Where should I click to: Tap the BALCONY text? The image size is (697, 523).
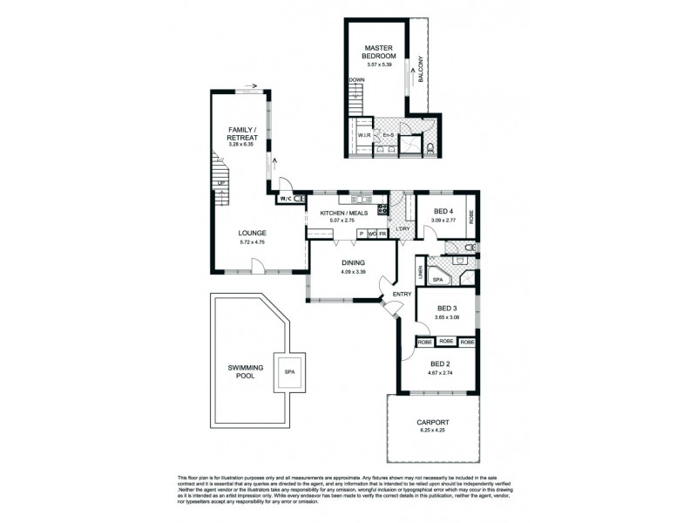point(420,69)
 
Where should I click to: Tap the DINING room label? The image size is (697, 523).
point(353,262)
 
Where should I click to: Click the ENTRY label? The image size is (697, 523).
point(402,294)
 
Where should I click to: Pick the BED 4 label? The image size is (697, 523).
point(443,211)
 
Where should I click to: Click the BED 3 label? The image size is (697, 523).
point(447,309)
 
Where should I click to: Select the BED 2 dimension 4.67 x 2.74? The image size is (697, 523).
point(438,373)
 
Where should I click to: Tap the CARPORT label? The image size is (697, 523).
point(432,422)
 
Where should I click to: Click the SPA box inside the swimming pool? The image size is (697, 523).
point(288,371)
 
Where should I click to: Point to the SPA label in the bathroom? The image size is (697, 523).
point(439,278)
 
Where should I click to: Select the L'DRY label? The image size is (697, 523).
point(402,229)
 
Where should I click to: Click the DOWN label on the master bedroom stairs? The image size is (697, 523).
point(355,80)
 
